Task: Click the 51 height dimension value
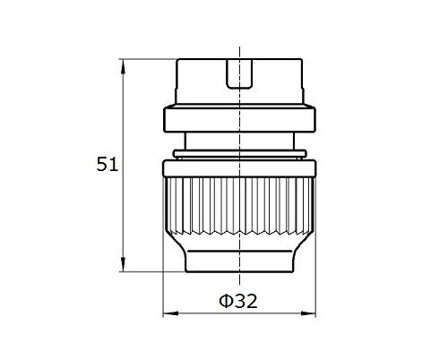point(108,164)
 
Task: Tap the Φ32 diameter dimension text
point(238,301)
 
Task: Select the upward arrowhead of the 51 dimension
point(123,66)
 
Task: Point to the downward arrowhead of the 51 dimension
point(123,264)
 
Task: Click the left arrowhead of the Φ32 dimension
point(170,313)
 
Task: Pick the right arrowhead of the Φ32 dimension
point(308,313)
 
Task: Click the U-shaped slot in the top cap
point(239,74)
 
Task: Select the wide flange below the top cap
point(239,118)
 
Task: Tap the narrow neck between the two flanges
point(239,141)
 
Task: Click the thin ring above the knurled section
point(239,154)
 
